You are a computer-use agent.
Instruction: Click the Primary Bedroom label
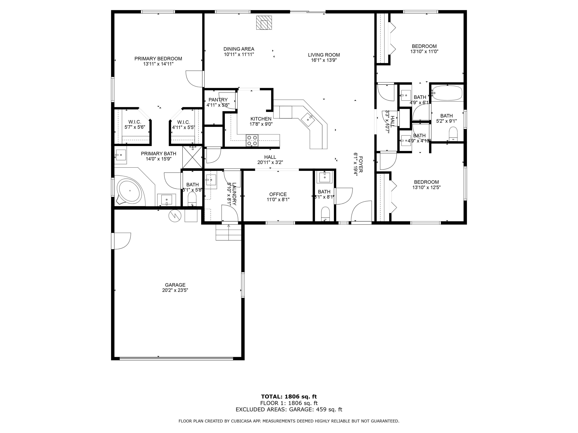(158, 59)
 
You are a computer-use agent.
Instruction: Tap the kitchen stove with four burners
(252, 140)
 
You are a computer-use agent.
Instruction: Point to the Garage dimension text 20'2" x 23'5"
(175, 290)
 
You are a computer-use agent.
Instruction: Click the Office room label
(278, 194)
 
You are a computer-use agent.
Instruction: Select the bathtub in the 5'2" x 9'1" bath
(447, 93)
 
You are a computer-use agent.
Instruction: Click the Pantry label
(218, 100)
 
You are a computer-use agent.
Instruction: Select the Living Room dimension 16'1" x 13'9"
(323, 60)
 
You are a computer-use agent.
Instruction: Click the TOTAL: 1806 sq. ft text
(289, 397)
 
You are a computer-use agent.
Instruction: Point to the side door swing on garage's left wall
(122, 241)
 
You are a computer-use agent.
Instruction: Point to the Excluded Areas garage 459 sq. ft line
(289, 410)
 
